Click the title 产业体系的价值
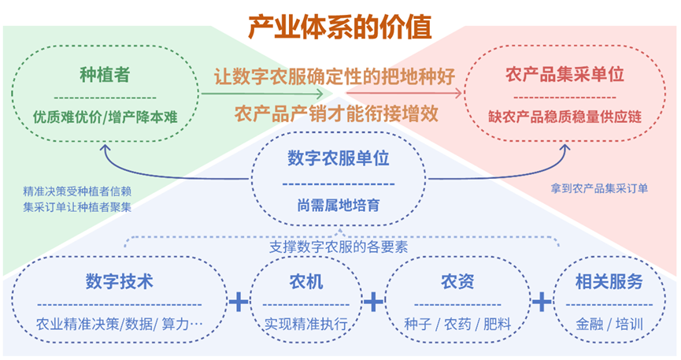(340, 27)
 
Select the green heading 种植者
(105, 76)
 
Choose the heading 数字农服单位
(339, 158)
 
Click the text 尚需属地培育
(339, 206)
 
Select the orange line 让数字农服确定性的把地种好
(335, 77)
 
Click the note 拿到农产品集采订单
(599, 189)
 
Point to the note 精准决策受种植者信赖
(77, 191)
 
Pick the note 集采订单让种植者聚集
(77, 207)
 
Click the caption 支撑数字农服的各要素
(339, 247)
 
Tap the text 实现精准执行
(307, 324)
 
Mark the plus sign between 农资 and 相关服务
(542, 302)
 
